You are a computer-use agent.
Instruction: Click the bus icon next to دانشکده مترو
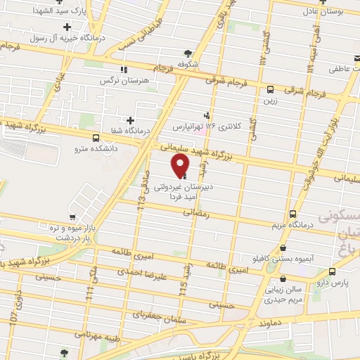pos(96,138)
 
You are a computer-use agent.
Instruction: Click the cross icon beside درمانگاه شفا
pos(130,120)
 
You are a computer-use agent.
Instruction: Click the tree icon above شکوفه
pos(188,53)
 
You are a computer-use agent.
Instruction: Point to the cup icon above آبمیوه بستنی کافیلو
pos(283,248)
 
